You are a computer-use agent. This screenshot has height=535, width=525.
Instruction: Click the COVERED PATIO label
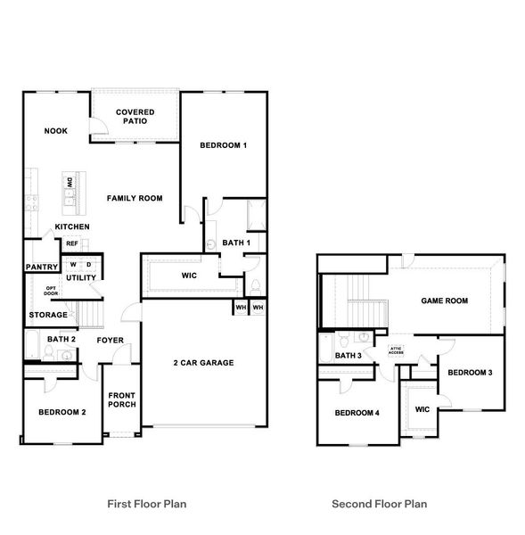click(x=135, y=116)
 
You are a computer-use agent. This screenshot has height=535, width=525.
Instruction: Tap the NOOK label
click(x=56, y=131)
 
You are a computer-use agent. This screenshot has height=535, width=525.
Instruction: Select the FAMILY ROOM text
click(x=135, y=198)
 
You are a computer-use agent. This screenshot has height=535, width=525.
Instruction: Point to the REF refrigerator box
click(x=72, y=243)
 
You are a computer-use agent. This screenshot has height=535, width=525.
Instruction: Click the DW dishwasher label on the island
click(x=70, y=182)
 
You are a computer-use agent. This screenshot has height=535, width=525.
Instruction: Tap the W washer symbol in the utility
click(x=73, y=265)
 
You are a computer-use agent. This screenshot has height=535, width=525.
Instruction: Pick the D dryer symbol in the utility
click(x=89, y=265)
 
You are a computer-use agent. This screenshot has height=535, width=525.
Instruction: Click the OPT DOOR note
click(x=51, y=291)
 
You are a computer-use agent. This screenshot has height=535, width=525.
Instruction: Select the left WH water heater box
click(x=241, y=307)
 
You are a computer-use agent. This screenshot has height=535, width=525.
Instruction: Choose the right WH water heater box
click(x=258, y=307)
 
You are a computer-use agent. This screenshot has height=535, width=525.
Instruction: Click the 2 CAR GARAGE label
click(x=203, y=363)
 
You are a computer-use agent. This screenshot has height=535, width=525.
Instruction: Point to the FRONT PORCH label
click(x=122, y=399)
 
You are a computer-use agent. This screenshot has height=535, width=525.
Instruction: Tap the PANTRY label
click(x=42, y=267)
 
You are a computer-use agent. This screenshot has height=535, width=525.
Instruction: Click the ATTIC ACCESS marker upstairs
click(x=396, y=350)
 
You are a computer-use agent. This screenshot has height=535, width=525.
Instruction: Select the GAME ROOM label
click(x=445, y=300)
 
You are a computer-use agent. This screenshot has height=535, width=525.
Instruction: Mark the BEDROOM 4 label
click(x=357, y=413)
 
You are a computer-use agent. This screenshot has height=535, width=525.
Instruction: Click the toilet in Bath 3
click(x=344, y=339)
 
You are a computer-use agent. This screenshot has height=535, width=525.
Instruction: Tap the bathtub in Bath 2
click(x=33, y=343)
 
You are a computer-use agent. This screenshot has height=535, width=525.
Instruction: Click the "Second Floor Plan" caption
click(x=380, y=504)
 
